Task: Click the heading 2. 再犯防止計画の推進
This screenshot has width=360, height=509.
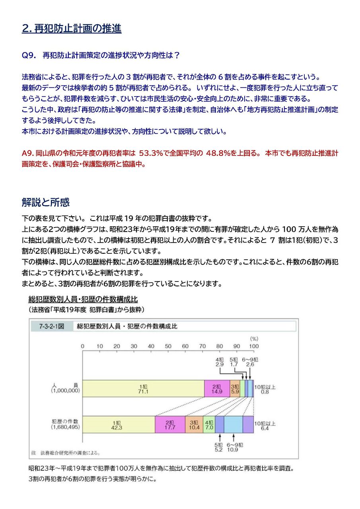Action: tap(72, 29)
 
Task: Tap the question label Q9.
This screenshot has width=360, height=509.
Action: tap(29, 56)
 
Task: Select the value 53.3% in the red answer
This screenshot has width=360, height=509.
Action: tap(151, 153)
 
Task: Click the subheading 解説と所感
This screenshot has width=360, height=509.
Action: tap(45, 202)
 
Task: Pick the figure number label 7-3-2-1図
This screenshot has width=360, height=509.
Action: tap(51, 326)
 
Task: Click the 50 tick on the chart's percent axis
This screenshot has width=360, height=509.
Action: tap(168, 346)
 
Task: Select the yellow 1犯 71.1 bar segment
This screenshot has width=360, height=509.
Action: tap(143, 389)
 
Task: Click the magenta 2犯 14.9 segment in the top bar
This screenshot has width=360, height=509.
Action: tap(217, 389)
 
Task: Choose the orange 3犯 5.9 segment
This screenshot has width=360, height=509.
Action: tap(235, 389)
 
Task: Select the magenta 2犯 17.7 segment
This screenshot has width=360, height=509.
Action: tap(170, 425)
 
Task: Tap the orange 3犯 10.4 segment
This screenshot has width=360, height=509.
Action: tap(194, 425)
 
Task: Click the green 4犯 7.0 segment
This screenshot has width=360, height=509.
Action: tap(209, 425)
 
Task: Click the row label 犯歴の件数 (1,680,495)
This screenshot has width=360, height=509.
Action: tap(66, 424)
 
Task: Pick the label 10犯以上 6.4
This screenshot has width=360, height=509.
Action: tap(265, 425)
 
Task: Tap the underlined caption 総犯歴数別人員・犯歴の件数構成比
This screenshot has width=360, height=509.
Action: tap(83, 299)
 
